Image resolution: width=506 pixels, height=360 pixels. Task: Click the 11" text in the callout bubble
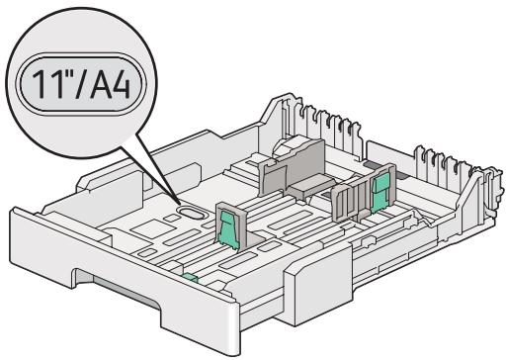coord(50,84)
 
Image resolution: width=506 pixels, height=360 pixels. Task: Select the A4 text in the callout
coord(110,84)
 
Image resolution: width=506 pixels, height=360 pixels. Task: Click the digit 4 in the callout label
coord(121,84)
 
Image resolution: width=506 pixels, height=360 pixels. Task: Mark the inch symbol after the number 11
coord(65,74)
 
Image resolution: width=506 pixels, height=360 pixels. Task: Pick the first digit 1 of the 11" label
coord(39,84)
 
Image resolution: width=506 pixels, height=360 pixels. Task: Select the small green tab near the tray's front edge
coord(191,278)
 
